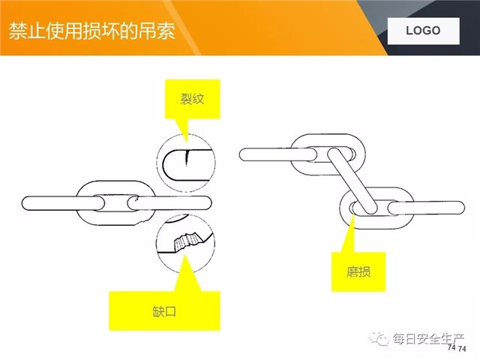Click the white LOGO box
click(x=423, y=31)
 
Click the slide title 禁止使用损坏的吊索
click(x=91, y=31)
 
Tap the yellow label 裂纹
click(x=192, y=99)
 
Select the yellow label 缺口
click(x=165, y=311)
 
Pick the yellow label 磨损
click(x=358, y=271)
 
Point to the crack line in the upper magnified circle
click(x=187, y=158)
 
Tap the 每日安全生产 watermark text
click(x=428, y=339)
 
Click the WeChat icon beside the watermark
click(x=379, y=339)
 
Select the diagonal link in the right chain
click(x=352, y=181)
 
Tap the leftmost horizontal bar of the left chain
click(x=63, y=203)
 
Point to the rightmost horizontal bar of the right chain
click(x=426, y=208)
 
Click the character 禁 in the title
click(x=17, y=31)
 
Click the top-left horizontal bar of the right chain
click(x=278, y=154)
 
